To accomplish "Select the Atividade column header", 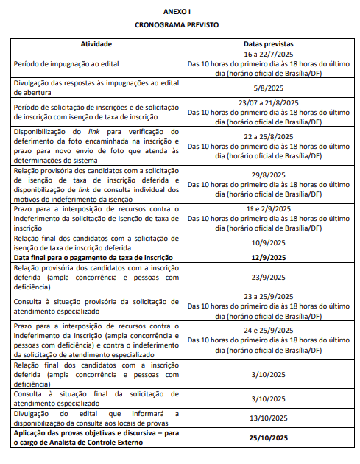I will coord(96,44).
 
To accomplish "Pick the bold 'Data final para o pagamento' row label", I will coord(93,257).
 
